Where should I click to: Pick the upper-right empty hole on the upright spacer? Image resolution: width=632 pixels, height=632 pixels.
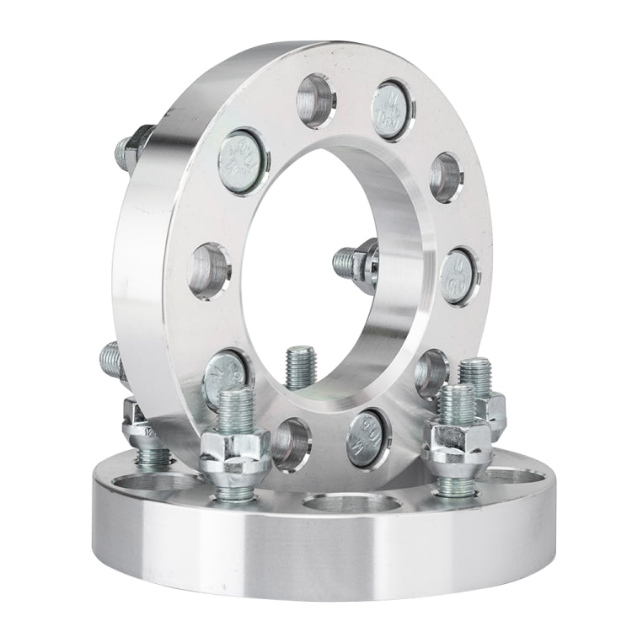click(x=445, y=177)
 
